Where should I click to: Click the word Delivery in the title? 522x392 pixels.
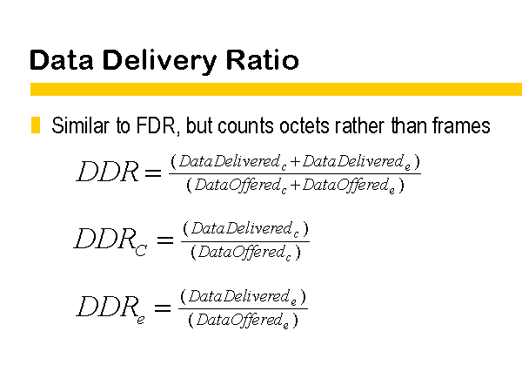pyautogui.click(x=160, y=61)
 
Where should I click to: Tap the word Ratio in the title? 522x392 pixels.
pyautogui.click(x=263, y=60)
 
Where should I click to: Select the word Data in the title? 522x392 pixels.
pyautogui.click(x=62, y=60)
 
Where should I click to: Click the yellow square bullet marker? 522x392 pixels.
pyautogui.click(x=36, y=125)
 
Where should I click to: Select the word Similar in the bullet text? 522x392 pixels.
pyautogui.click(x=81, y=125)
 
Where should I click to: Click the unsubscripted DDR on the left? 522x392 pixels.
pyautogui.click(x=108, y=172)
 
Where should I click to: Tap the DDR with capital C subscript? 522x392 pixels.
pyautogui.click(x=110, y=240)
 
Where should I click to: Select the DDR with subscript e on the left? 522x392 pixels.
pyautogui.click(x=110, y=308)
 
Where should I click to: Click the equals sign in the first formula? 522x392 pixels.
pyautogui.click(x=153, y=172)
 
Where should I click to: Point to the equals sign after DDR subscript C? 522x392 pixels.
pyautogui.click(x=165, y=240)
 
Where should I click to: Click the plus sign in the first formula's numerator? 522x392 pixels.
pyautogui.click(x=295, y=162)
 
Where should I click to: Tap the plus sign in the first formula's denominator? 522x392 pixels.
pyautogui.click(x=295, y=185)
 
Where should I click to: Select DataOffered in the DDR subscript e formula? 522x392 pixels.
pyautogui.click(x=239, y=320)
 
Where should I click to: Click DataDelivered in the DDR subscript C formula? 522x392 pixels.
pyautogui.click(x=241, y=228)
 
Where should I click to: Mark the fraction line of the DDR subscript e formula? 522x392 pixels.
pyautogui.click(x=243, y=308)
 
